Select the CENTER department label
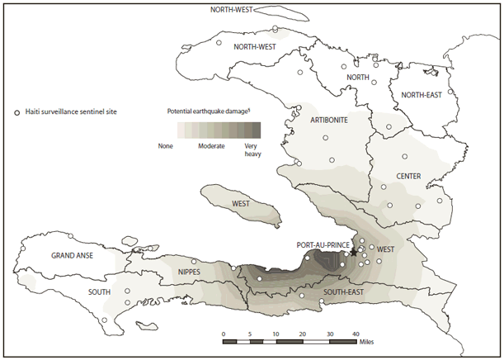click(x=409, y=176)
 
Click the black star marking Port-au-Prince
click(x=354, y=253)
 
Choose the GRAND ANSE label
click(x=72, y=255)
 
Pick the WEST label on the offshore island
click(x=242, y=202)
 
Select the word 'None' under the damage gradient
click(x=166, y=144)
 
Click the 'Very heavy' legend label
click(x=253, y=149)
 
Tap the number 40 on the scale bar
click(x=356, y=334)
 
